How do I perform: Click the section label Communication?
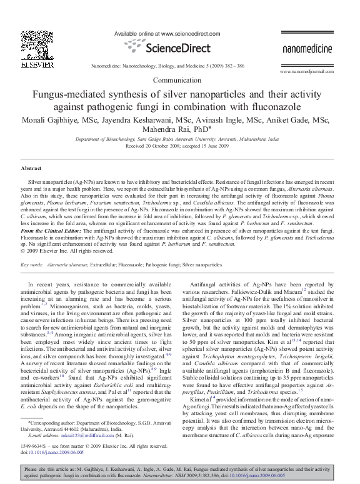click(x=179, y=81)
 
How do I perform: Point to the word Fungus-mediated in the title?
click(x=71, y=94)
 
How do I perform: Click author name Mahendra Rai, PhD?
click(x=180, y=131)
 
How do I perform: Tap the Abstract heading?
click(x=31, y=169)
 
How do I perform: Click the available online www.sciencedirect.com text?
click(x=165, y=33)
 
